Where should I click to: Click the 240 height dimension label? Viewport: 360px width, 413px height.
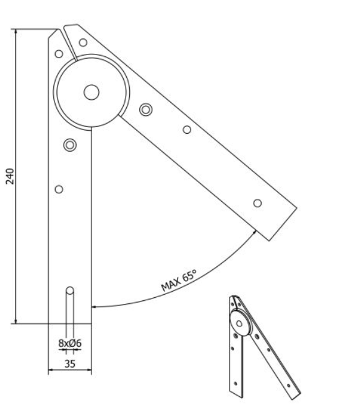coord(10,176)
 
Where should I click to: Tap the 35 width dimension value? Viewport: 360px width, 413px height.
coord(70,363)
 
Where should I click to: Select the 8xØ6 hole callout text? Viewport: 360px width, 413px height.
coord(70,343)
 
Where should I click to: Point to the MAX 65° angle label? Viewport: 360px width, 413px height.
coord(179,280)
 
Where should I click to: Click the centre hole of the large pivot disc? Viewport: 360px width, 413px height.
coord(92,92)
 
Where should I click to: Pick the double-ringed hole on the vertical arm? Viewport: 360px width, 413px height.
coord(70,145)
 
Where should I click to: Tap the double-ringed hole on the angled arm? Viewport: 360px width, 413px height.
coord(146,110)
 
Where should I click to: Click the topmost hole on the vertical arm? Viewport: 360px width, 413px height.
coord(59,54)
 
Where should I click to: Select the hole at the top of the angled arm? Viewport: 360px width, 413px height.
coord(83,42)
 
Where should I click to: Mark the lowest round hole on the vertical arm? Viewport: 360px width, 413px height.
coord(59,189)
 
